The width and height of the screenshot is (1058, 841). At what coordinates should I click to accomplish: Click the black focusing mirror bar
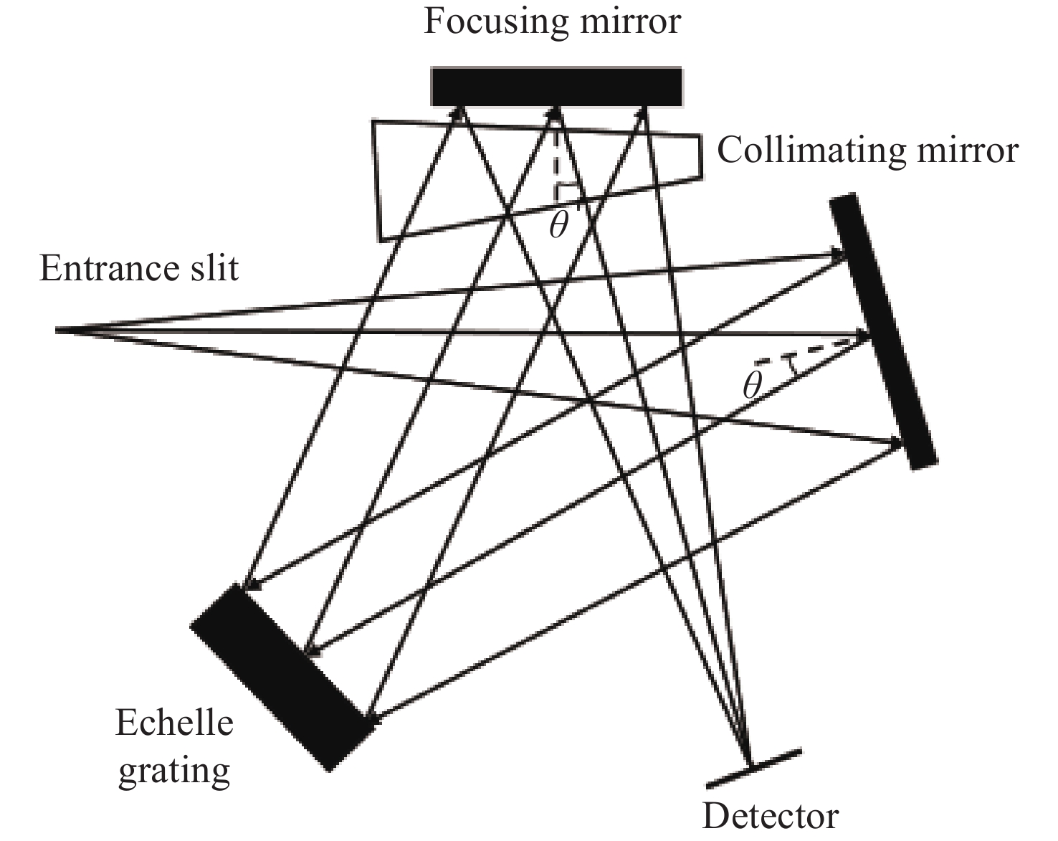click(x=556, y=87)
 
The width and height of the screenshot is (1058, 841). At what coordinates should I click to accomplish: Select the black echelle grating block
click(x=282, y=677)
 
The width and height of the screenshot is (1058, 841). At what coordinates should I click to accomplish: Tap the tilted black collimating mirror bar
click(x=883, y=331)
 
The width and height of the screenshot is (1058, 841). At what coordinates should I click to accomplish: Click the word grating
click(x=174, y=771)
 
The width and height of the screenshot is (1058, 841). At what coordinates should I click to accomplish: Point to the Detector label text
click(x=770, y=816)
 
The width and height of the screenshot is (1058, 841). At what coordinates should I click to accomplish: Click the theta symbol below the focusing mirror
click(x=558, y=225)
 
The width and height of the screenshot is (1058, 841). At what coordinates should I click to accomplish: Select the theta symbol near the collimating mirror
click(x=751, y=386)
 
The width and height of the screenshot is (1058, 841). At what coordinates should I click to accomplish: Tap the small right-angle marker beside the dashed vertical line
click(x=567, y=191)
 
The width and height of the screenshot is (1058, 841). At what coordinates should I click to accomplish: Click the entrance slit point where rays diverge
click(x=57, y=331)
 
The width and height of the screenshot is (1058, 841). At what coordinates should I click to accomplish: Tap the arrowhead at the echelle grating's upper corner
click(x=247, y=584)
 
